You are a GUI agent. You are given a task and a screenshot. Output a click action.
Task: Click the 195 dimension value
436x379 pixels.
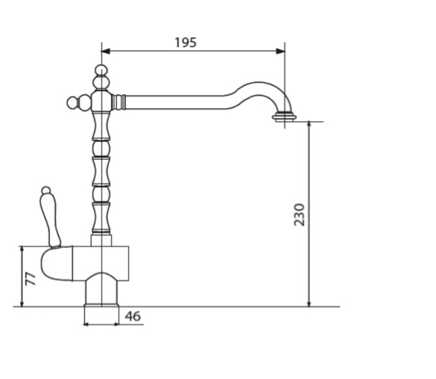pos(185,42)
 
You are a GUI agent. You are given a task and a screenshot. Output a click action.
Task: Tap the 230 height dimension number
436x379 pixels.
pos(300,215)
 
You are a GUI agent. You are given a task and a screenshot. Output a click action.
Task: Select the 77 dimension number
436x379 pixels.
pos(30,279)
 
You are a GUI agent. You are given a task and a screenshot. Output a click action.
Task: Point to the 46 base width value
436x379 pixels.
pos(132,316)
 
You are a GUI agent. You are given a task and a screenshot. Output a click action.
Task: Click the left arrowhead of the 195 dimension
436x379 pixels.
pos(105,51)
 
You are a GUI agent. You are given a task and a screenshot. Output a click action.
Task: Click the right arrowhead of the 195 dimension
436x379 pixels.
pos(280,51)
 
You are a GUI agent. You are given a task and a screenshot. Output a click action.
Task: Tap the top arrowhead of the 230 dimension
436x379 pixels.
pos(309,126)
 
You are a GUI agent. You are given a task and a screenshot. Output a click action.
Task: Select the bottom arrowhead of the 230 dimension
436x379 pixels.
pos(309,303)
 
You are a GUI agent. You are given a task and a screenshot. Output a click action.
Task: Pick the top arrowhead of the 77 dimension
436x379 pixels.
pos(22,250)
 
